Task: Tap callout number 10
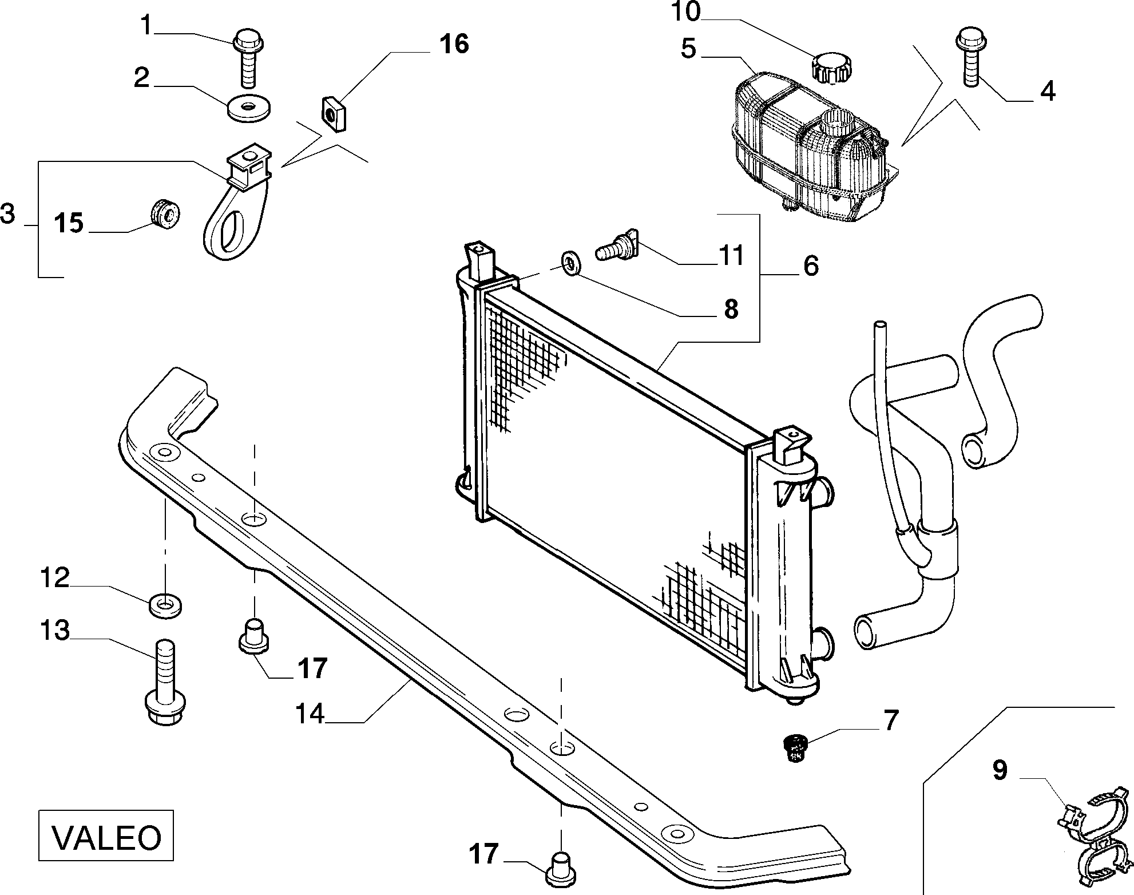(685, 12)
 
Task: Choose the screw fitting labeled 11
(616, 247)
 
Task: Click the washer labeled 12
(165, 605)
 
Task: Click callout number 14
(310, 714)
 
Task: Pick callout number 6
(811, 266)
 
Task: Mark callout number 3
(7, 214)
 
